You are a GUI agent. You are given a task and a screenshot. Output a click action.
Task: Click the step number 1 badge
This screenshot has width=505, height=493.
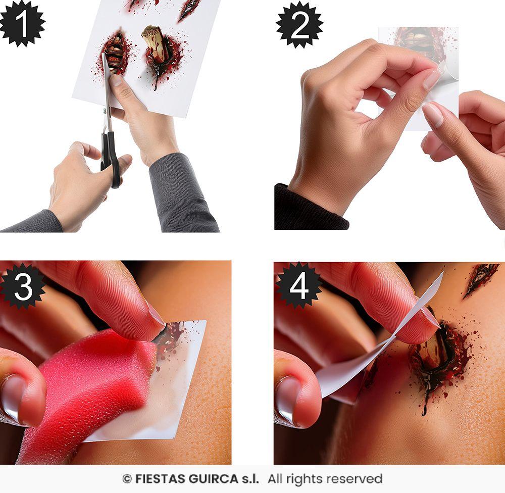coord(22,23)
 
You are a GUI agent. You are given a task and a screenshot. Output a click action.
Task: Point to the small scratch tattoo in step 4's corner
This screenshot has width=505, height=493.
coord(480,278)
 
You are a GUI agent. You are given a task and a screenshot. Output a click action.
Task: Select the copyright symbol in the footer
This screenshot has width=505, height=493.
coord(127,478)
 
